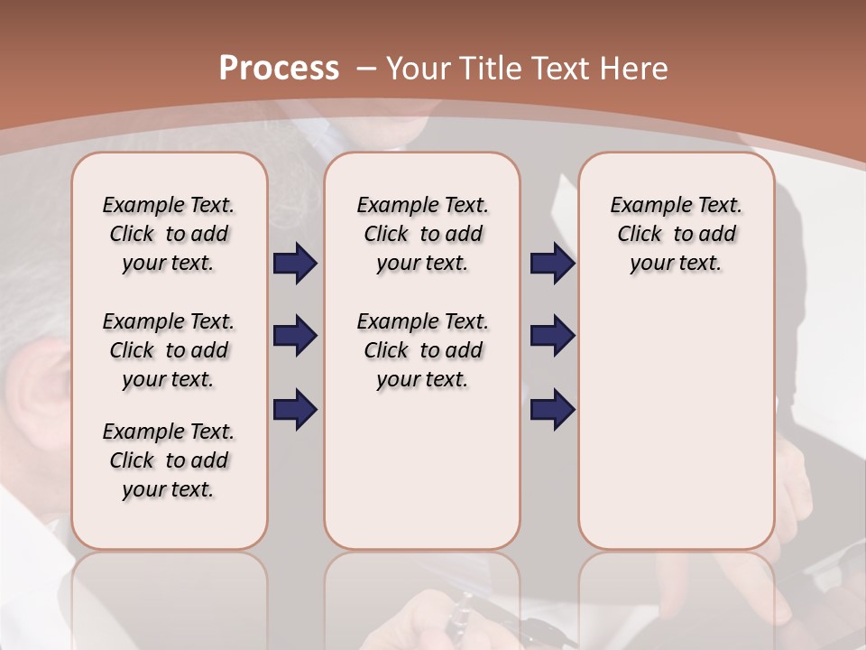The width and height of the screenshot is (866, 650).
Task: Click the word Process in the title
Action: (x=279, y=68)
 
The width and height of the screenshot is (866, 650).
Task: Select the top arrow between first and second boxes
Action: (x=295, y=264)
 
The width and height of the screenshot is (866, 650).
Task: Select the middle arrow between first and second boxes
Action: (x=295, y=336)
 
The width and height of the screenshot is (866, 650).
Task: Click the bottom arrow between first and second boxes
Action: (x=295, y=409)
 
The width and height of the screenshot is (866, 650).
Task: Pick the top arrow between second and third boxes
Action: (x=552, y=264)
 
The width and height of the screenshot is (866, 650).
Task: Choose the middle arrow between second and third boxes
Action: (x=552, y=336)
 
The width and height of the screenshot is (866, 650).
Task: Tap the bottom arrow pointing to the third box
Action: (x=552, y=409)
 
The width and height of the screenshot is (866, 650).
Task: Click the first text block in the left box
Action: (x=169, y=234)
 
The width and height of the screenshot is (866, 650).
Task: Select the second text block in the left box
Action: (x=169, y=350)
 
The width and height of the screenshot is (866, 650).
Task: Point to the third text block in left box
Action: (x=169, y=460)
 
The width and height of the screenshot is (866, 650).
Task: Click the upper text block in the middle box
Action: (x=422, y=234)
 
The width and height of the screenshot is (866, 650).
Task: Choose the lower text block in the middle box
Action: (x=422, y=350)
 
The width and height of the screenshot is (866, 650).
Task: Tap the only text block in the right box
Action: (x=677, y=234)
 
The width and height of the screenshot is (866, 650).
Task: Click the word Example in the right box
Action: (x=649, y=206)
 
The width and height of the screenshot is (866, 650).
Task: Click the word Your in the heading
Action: (x=419, y=68)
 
